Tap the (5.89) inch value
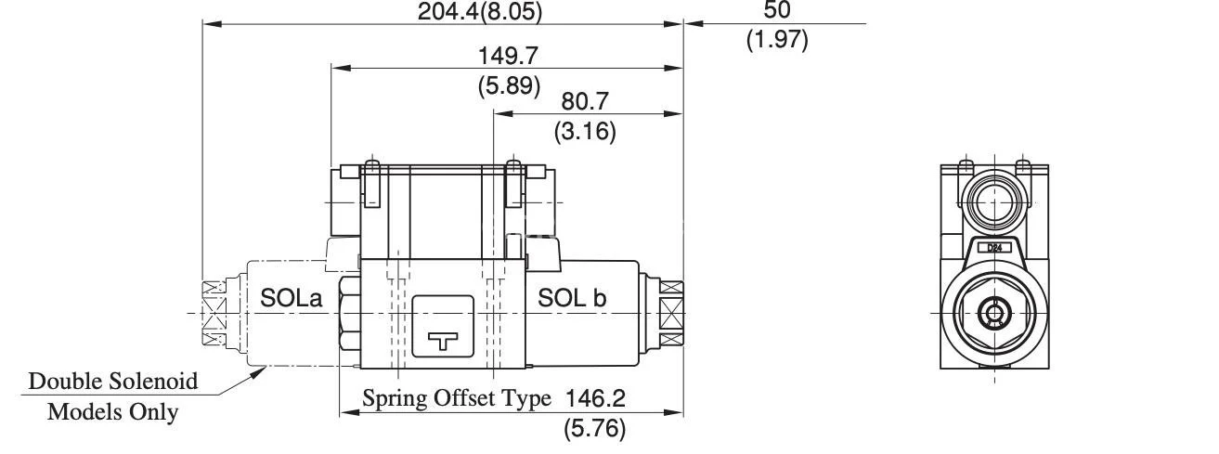[508, 86]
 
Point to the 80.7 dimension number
[585, 101]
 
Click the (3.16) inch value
[585, 131]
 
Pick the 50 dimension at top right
[777, 11]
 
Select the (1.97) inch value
[777, 40]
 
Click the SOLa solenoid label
[291, 298]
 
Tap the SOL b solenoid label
[572, 298]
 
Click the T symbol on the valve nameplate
[443, 341]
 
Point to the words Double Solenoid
[113, 381]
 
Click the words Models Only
[112, 411]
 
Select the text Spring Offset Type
[456, 398]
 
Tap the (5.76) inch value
[594, 428]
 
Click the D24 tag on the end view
[994, 248]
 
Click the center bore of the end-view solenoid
[994, 314]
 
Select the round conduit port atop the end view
[994, 199]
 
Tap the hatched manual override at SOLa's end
[215, 314]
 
